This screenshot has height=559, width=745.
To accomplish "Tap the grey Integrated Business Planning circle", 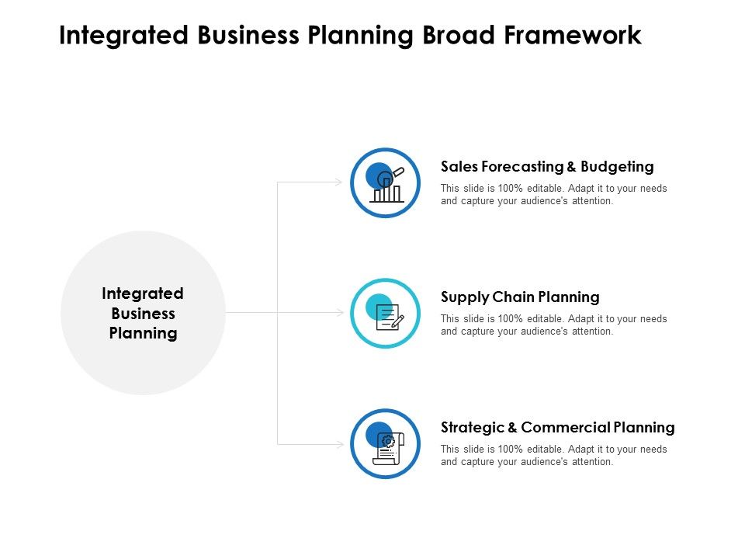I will [x=143, y=313].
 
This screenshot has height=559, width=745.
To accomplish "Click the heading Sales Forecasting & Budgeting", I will [x=547, y=166].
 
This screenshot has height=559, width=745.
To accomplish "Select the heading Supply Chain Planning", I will [x=520, y=297].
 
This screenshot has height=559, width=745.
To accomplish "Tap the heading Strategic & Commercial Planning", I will [x=557, y=427].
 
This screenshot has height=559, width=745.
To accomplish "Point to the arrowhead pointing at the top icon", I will [x=338, y=182].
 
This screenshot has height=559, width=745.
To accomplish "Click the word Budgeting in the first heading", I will [x=619, y=166].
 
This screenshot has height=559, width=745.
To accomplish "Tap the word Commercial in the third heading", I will [x=565, y=427].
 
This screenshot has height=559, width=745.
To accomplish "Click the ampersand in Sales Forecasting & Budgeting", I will [x=571, y=166].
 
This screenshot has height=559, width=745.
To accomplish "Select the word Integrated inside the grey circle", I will [x=143, y=293].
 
